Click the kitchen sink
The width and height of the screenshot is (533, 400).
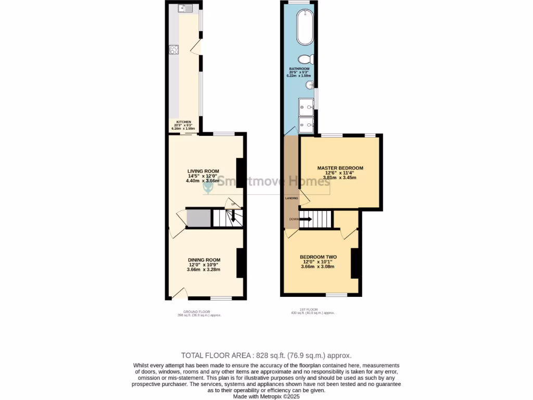coord(185,8)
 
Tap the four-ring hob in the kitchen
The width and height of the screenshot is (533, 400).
coord(174,50)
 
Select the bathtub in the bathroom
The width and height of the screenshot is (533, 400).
coord(303,28)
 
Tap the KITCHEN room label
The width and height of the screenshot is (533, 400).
coord(184,122)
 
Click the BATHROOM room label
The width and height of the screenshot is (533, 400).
coord(299,69)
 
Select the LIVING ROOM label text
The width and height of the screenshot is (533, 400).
coord(203,171)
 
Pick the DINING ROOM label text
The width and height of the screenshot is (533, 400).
coord(204,260)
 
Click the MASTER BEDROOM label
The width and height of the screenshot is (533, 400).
coord(340,168)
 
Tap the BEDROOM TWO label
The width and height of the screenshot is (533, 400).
coord(318,257)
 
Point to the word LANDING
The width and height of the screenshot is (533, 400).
coord(291,199)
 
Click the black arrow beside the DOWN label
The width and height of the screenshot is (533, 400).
coord(306,219)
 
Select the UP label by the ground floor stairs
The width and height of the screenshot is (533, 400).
coord(233,204)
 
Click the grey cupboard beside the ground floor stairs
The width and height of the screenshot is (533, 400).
coord(198,218)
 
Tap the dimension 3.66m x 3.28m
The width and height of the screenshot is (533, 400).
coord(204,270)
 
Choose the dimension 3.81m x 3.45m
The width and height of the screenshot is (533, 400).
coord(340,178)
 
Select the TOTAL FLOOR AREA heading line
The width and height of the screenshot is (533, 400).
coord(266,355)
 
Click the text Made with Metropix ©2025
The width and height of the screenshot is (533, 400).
coord(266,396)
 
